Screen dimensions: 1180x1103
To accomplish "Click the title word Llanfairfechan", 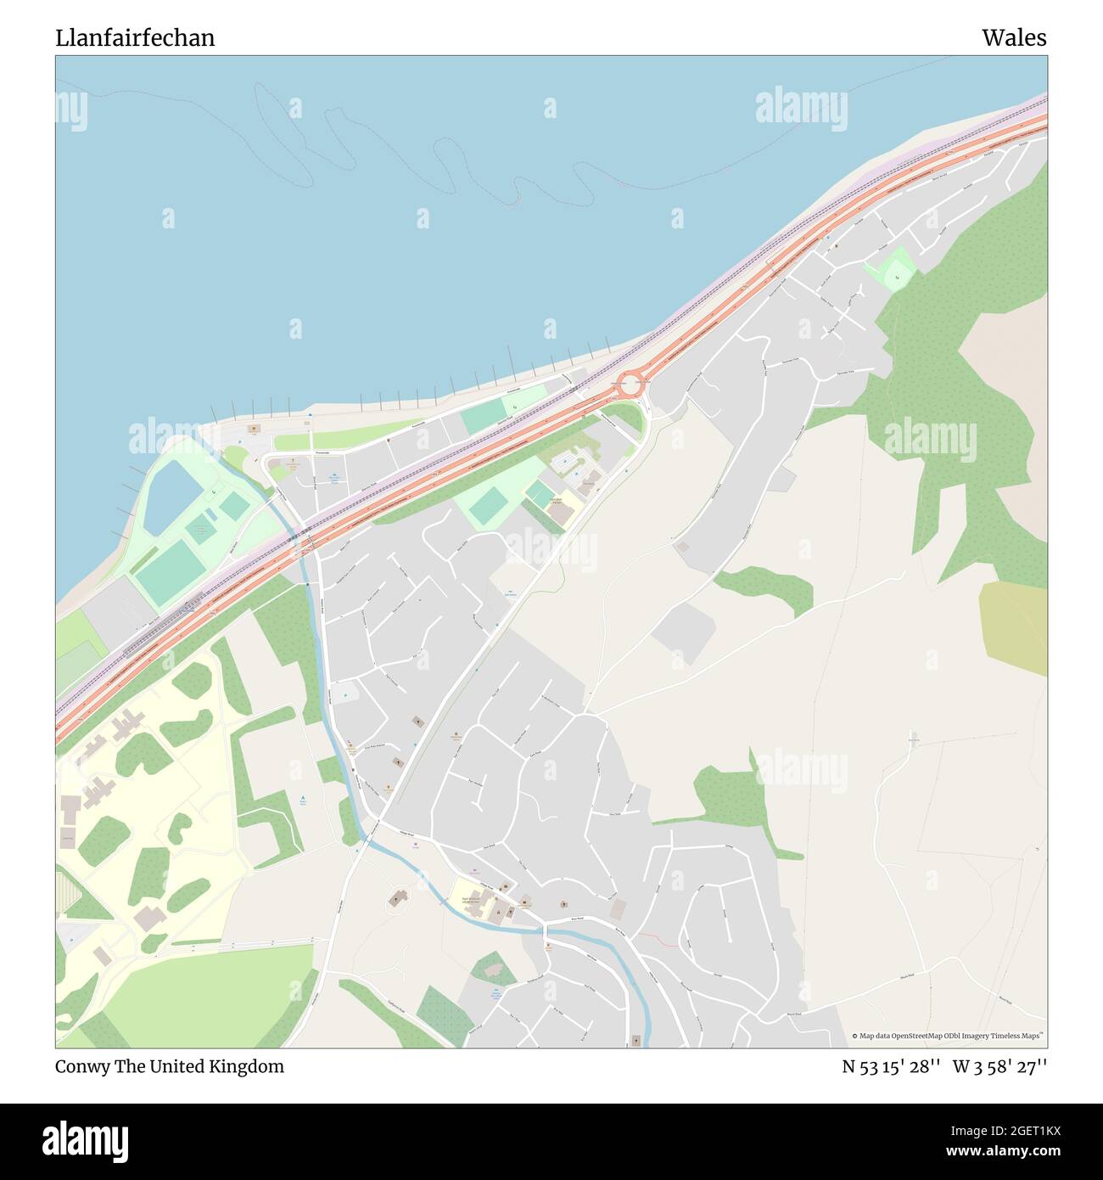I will point(135,38).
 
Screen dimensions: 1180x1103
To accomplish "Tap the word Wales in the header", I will point(1014,38).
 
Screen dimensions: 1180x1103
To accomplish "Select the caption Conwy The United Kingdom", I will point(170,1066).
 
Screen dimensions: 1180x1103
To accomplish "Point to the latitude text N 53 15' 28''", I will point(892,1066).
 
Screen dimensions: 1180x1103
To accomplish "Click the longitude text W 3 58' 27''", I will point(1000,1066).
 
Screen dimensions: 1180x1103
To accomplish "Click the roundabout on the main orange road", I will point(629,385).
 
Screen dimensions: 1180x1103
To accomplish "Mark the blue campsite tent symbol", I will point(304,799).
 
